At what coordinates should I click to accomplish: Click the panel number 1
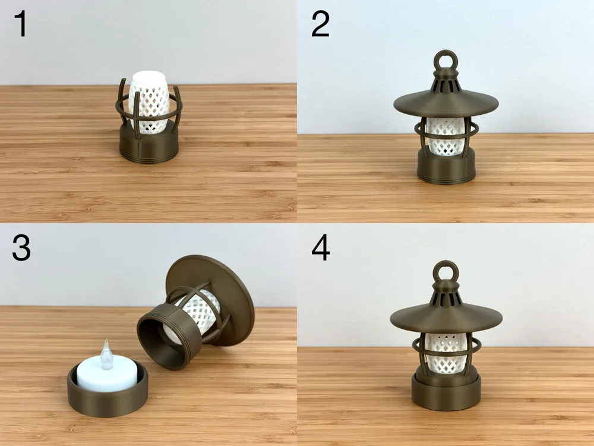coord(21,26)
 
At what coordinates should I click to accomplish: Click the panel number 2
coord(320,26)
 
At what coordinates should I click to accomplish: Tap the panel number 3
coord(21,249)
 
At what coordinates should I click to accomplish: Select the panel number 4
coord(321,249)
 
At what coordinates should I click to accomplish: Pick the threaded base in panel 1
coord(148,146)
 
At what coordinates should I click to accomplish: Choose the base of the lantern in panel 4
coord(445,392)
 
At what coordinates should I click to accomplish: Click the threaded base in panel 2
coord(445,167)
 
